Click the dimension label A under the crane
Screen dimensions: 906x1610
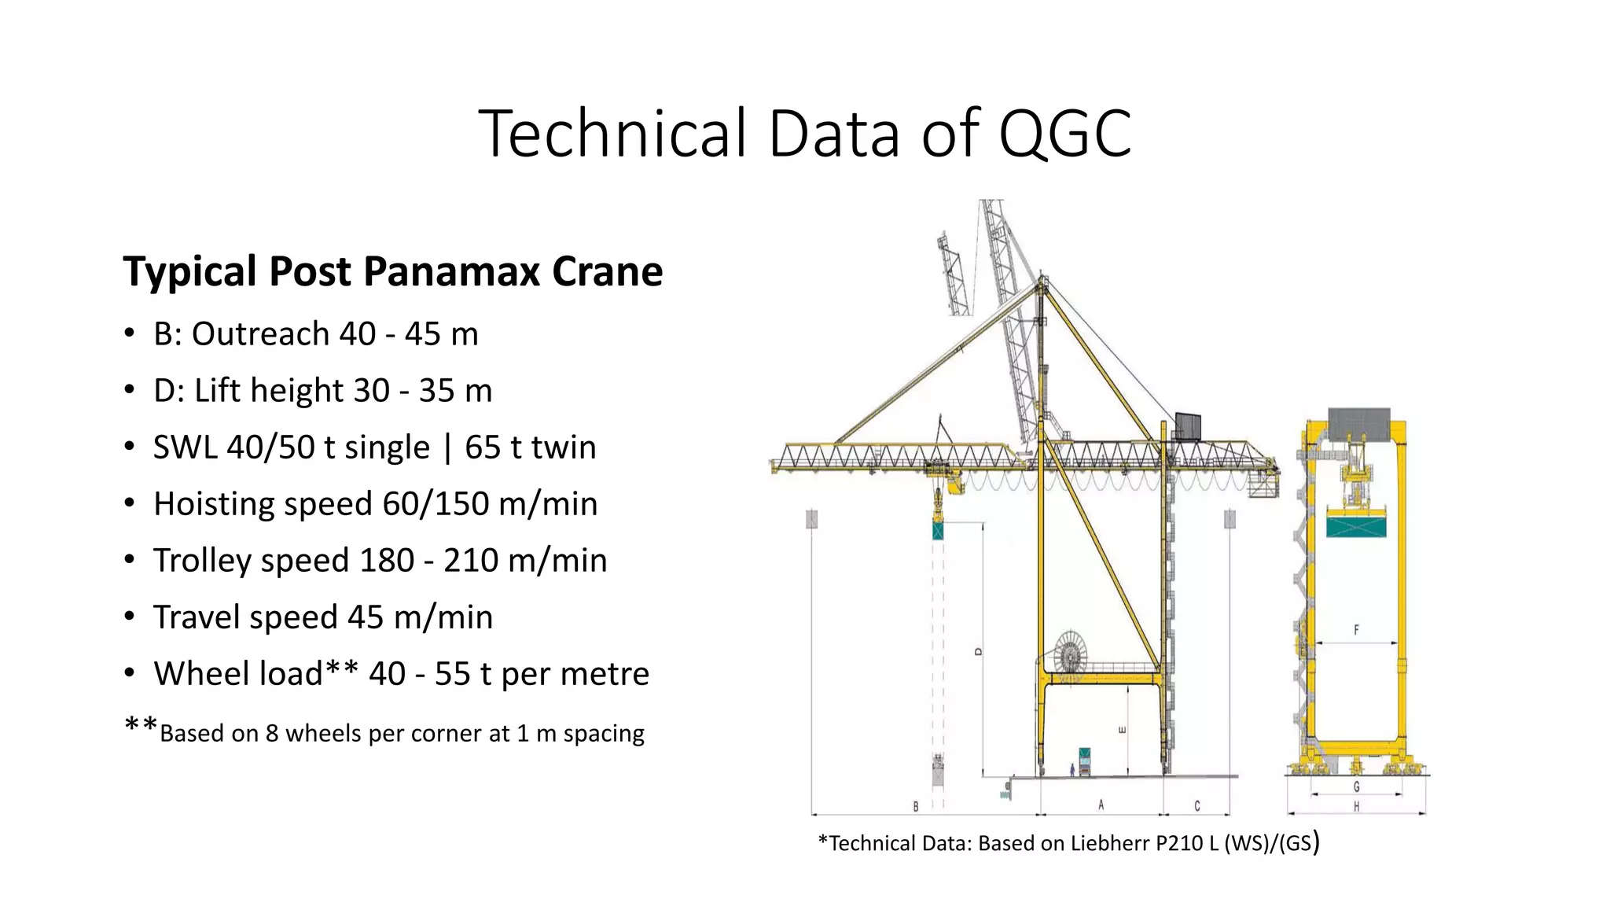(1101, 805)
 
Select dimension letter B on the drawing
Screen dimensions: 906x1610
(916, 806)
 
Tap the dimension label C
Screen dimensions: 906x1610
(1196, 805)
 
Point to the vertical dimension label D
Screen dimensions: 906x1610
(978, 651)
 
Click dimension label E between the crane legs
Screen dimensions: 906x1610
(1122, 730)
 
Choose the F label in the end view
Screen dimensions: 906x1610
(1356, 630)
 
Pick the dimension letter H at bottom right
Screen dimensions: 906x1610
(1356, 806)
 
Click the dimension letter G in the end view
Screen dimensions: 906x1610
(1356, 786)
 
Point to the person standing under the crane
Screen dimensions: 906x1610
(1071, 769)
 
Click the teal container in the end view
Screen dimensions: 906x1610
(1356, 525)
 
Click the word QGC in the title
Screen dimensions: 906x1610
(1064, 133)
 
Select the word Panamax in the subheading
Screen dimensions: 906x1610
(451, 271)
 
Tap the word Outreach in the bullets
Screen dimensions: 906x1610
(260, 334)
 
